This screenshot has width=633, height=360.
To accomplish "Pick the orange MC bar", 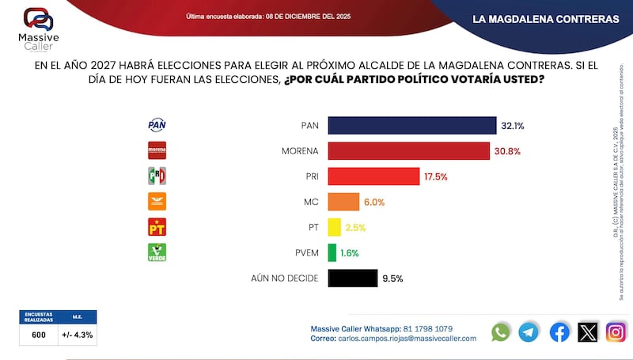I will click(343, 202).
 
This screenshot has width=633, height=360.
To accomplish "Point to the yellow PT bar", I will click(334, 227).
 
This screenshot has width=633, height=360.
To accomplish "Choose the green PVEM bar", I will click(332, 252).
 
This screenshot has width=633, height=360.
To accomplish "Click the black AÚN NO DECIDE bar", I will click(351, 278).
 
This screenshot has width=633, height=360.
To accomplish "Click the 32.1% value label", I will click(512, 125).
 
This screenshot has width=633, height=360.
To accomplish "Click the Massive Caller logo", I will click(39, 27).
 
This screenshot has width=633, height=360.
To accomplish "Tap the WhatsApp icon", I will click(501, 332).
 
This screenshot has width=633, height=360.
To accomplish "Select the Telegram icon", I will click(529, 332).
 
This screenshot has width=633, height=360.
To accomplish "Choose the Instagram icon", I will click(616, 332).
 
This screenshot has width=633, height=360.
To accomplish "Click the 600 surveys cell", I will click(38, 335).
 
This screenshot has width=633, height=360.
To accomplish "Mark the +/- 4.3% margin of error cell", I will click(78, 335).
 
